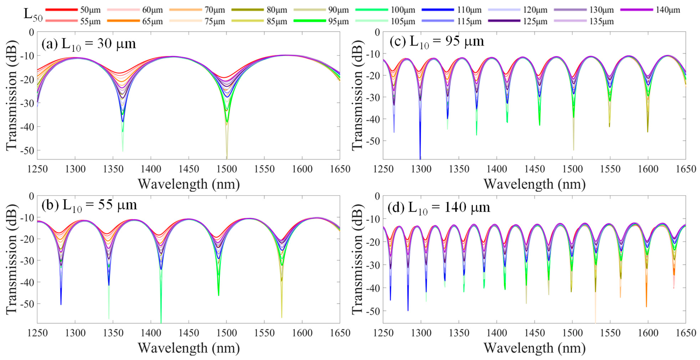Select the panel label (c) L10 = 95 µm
(x=437, y=42)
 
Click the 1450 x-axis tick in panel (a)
(x=189, y=169)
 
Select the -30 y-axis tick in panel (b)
(x=27, y=260)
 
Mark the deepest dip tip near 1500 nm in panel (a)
(x=227, y=158)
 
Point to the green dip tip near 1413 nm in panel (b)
(x=161, y=322)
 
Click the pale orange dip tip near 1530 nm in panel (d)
(x=595, y=322)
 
